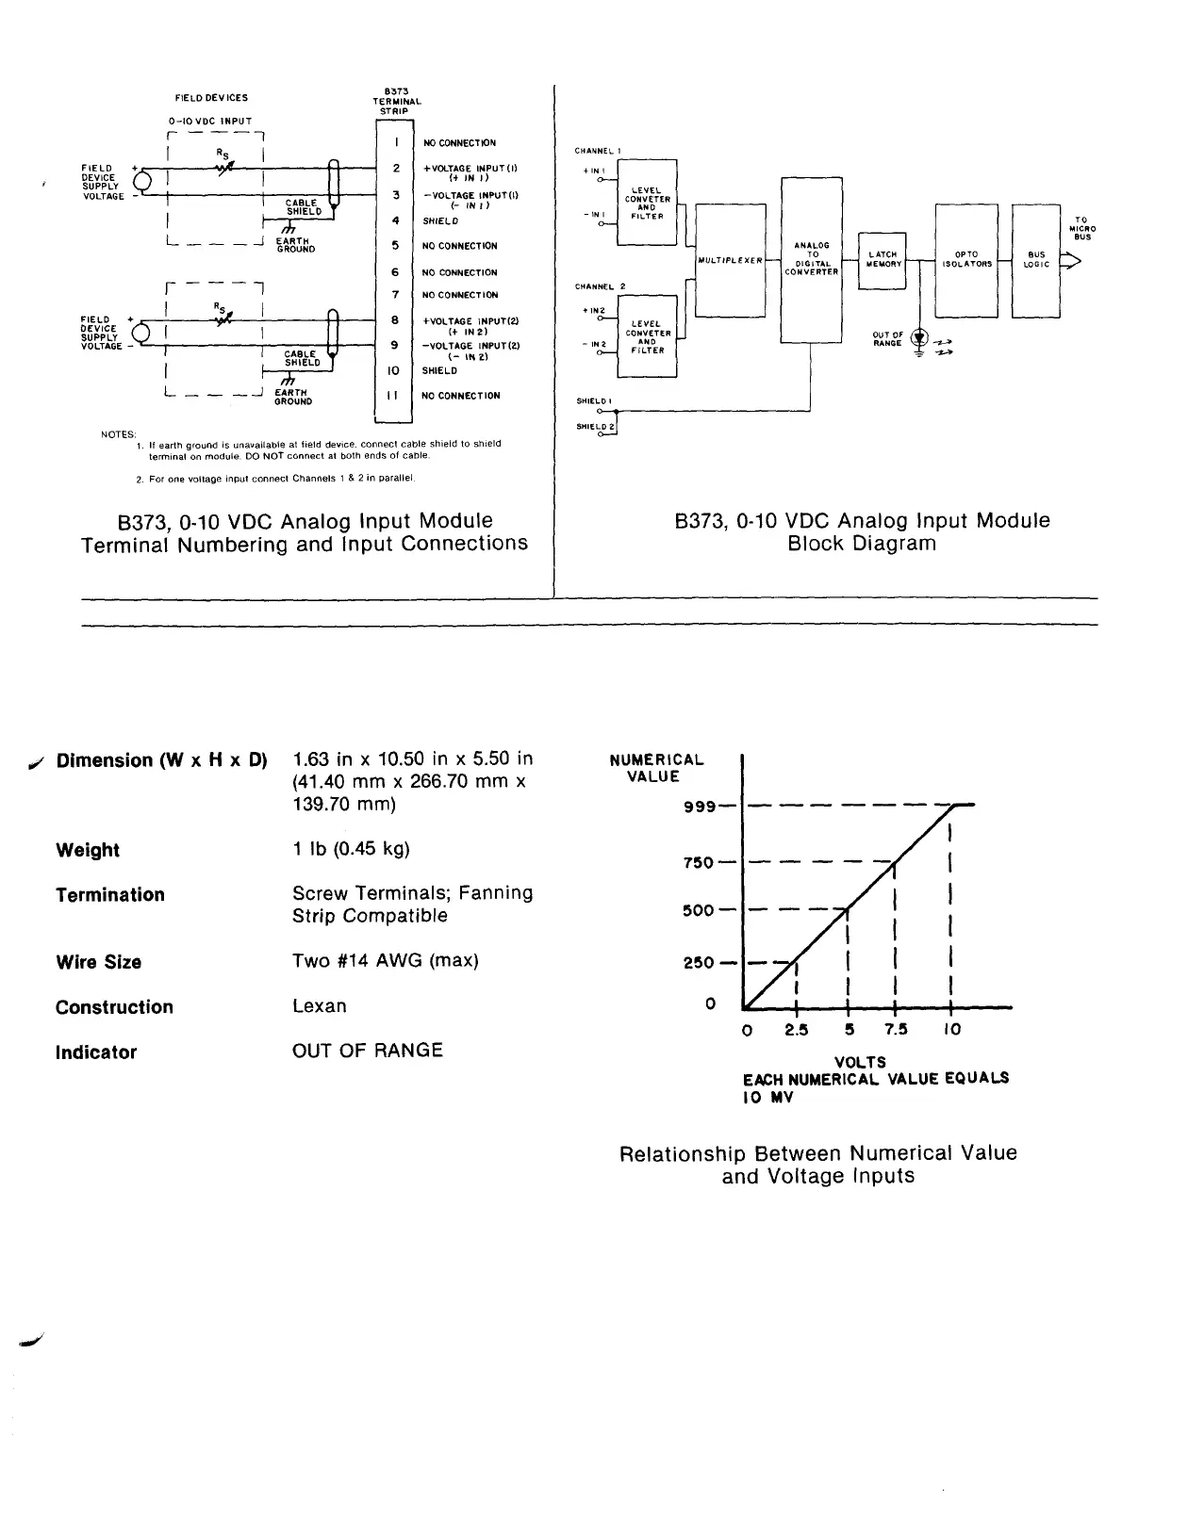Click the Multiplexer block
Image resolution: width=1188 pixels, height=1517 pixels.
coord(729,260)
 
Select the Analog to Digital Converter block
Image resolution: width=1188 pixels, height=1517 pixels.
coord(811,259)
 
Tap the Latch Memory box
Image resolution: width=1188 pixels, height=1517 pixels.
coord(883,259)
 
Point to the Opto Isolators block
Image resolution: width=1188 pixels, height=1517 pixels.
coord(965,259)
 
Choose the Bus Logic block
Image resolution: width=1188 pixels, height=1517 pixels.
coord(1035,259)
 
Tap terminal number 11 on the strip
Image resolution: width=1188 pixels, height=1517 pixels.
coord(394,396)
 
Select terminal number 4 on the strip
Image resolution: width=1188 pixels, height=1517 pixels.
coord(395,220)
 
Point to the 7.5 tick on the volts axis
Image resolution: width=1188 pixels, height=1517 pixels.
coord(896,1029)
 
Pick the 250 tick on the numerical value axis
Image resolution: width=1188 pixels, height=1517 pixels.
coord(699,963)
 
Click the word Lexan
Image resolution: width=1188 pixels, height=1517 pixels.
coord(319,1006)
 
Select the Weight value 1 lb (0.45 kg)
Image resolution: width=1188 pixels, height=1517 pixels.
coord(351,849)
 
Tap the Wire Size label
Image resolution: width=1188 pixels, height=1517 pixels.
coord(98,962)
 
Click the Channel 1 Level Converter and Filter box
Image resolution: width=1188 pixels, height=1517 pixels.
coord(647,203)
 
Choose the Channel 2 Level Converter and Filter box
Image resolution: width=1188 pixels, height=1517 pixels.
coord(647,336)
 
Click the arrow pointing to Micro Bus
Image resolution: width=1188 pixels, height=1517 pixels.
coord(1071,263)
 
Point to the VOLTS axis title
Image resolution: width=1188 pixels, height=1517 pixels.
coord(860,1062)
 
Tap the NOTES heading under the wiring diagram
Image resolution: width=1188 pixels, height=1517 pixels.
coord(119,434)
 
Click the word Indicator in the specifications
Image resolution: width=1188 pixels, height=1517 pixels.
coord(96,1052)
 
